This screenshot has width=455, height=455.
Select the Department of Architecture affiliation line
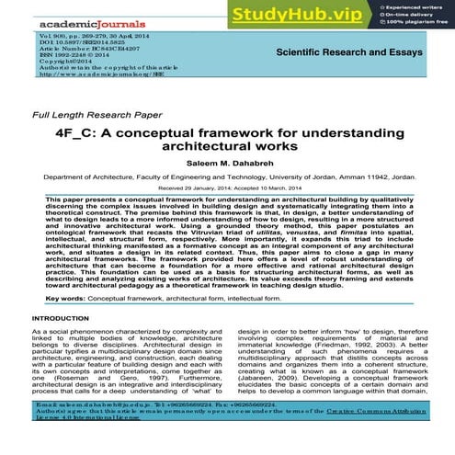click(x=227, y=180)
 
